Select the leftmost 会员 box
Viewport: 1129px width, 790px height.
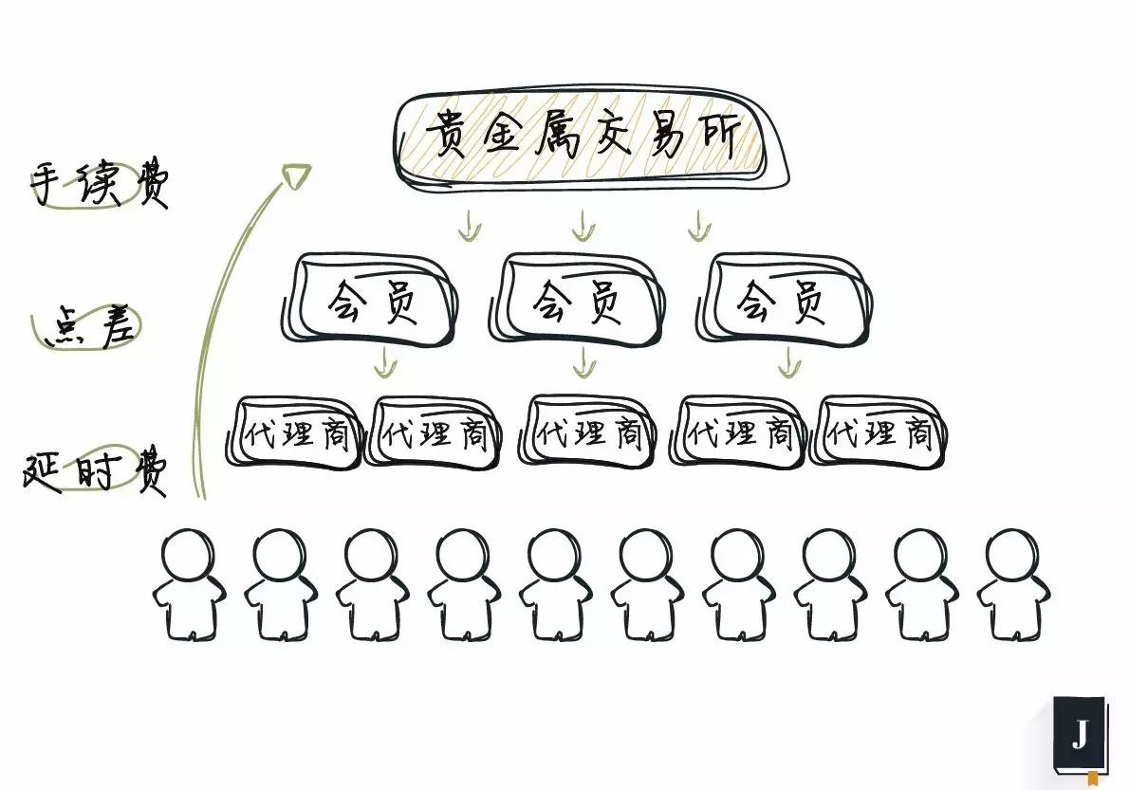pyautogui.click(x=373, y=301)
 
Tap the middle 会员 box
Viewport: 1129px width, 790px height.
pyautogui.click(x=578, y=301)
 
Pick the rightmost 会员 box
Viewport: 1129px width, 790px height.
pyautogui.click(x=783, y=301)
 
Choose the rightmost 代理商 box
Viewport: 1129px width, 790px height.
pyautogui.click(x=879, y=433)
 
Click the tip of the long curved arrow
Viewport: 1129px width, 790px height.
pyautogui.click(x=297, y=174)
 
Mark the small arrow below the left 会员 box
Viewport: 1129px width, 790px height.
pyautogui.click(x=383, y=361)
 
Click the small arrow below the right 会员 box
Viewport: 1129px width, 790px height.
pyautogui.click(x=787, y=361)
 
